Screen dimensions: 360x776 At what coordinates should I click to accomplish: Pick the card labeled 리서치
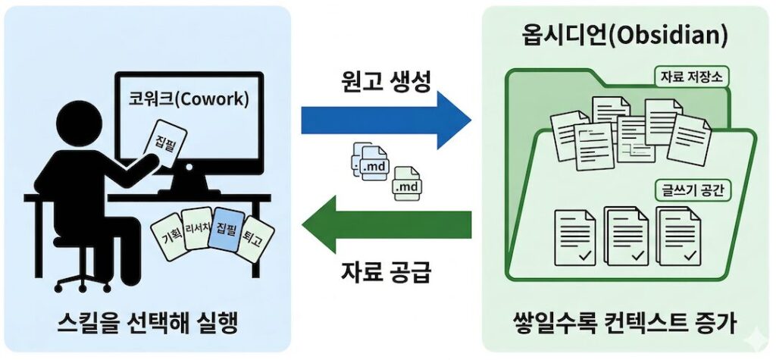click(197, 230)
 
